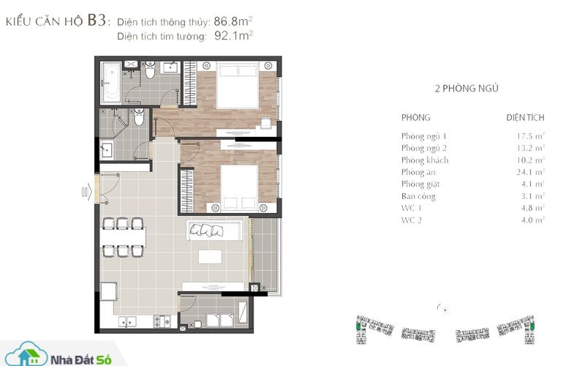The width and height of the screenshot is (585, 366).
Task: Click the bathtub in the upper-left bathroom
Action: [111, 83]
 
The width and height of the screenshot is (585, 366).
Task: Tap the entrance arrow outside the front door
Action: [86, 192]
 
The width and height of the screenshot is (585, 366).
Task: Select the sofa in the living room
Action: [214, 230]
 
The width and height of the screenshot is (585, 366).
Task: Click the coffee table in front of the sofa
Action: [210, 257]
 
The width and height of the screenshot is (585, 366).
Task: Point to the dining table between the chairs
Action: [123, 237]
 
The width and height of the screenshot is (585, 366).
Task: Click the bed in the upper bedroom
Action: [238, 85]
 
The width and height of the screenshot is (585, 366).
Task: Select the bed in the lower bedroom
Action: [239, 188]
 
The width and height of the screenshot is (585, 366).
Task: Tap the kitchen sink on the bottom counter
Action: [127, 321]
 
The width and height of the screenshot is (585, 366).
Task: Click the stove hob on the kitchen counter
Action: [162, 321]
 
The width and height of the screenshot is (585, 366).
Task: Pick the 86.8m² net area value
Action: [233, 21]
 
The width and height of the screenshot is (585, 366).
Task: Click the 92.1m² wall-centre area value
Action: [233, 36]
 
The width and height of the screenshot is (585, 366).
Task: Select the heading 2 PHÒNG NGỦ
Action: [467, 89]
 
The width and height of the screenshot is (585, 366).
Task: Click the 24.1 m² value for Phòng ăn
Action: [531, 172]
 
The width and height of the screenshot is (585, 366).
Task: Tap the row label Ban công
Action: [418, 196]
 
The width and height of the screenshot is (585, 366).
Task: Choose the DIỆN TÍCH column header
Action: [525, 118]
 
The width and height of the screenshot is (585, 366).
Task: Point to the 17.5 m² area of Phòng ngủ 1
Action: [531, 136]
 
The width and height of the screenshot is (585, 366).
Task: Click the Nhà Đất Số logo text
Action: [81, 360]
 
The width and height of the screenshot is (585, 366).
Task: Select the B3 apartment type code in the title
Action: [97, 20]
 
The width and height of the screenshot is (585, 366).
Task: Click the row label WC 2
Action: [412, 220]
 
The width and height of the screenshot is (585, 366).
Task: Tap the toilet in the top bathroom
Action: [150, 70]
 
